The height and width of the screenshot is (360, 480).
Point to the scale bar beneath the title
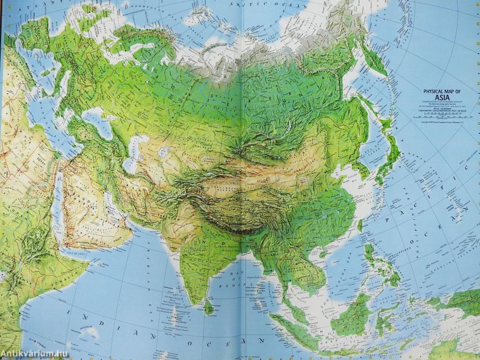pyautogui.click(x=441, y=116)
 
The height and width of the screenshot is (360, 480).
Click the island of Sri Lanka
pyautogui.click(x=209, y=307)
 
